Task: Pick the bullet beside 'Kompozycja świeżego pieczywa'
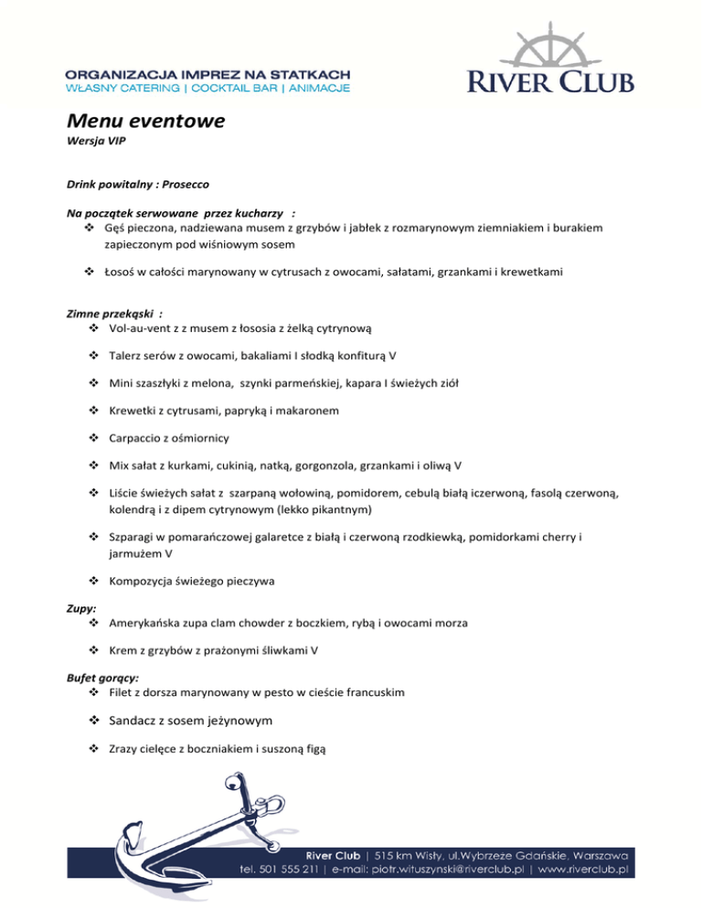[94, 580]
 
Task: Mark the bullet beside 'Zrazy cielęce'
[94, 750]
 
